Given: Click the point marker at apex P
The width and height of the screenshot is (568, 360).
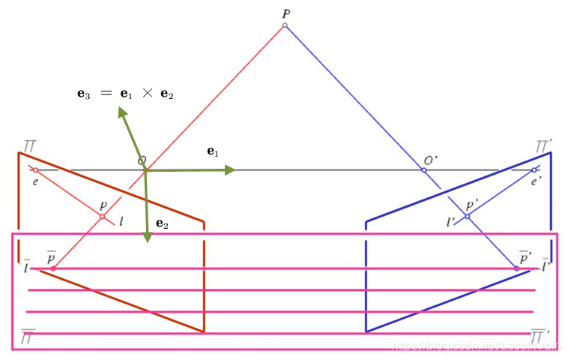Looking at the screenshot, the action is tap(285, 25).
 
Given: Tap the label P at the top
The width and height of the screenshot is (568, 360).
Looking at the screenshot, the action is tap(285, 13).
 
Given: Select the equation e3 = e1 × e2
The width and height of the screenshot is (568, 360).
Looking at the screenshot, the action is tap(125, 93).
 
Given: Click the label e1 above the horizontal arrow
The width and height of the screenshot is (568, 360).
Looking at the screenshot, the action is tap(213, 151).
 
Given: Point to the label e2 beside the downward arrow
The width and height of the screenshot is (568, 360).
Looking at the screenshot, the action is tap(162, 223).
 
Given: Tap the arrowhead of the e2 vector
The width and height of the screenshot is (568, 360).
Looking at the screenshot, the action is tap(148, 237).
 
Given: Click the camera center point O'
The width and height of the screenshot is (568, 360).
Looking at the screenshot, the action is tap(423, 170).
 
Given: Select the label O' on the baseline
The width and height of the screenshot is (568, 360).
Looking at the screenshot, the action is tap(430, 160).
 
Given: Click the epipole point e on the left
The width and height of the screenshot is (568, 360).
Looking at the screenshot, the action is tap(35, 170).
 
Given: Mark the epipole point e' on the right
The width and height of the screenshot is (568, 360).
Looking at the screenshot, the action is tap(534, 170).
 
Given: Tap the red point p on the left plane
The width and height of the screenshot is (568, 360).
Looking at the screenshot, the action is tap(103, 217).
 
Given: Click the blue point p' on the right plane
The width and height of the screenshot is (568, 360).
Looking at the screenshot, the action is tap(467, 216).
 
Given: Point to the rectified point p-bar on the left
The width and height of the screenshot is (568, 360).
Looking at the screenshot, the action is tap(53, 268).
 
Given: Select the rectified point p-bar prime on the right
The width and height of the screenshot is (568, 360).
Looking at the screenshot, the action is tap(516, 268).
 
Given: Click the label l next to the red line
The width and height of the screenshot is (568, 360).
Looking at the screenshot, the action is tap(121, 222).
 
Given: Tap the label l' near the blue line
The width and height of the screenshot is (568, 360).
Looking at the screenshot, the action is tap(450, 222).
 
